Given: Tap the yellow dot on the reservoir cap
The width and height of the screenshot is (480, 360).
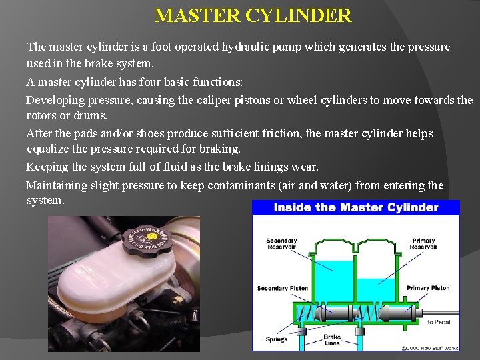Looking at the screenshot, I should [152, 236].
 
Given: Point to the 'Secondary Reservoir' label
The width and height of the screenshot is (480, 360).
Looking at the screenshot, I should [281, 244].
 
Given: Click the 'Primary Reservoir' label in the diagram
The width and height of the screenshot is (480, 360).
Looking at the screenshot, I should [423, 244].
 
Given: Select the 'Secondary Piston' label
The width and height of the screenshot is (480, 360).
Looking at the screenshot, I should [283, 288].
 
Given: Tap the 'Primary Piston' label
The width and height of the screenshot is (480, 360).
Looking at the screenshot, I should [427, 288].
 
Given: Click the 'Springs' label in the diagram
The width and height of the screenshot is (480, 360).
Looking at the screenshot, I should [276, 339].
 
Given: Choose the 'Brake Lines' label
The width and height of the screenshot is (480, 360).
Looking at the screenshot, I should [331, 339].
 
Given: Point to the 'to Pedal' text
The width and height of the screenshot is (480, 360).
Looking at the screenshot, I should [439, 322].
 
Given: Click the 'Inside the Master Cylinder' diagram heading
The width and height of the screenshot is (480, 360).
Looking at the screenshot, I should [355, 207].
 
